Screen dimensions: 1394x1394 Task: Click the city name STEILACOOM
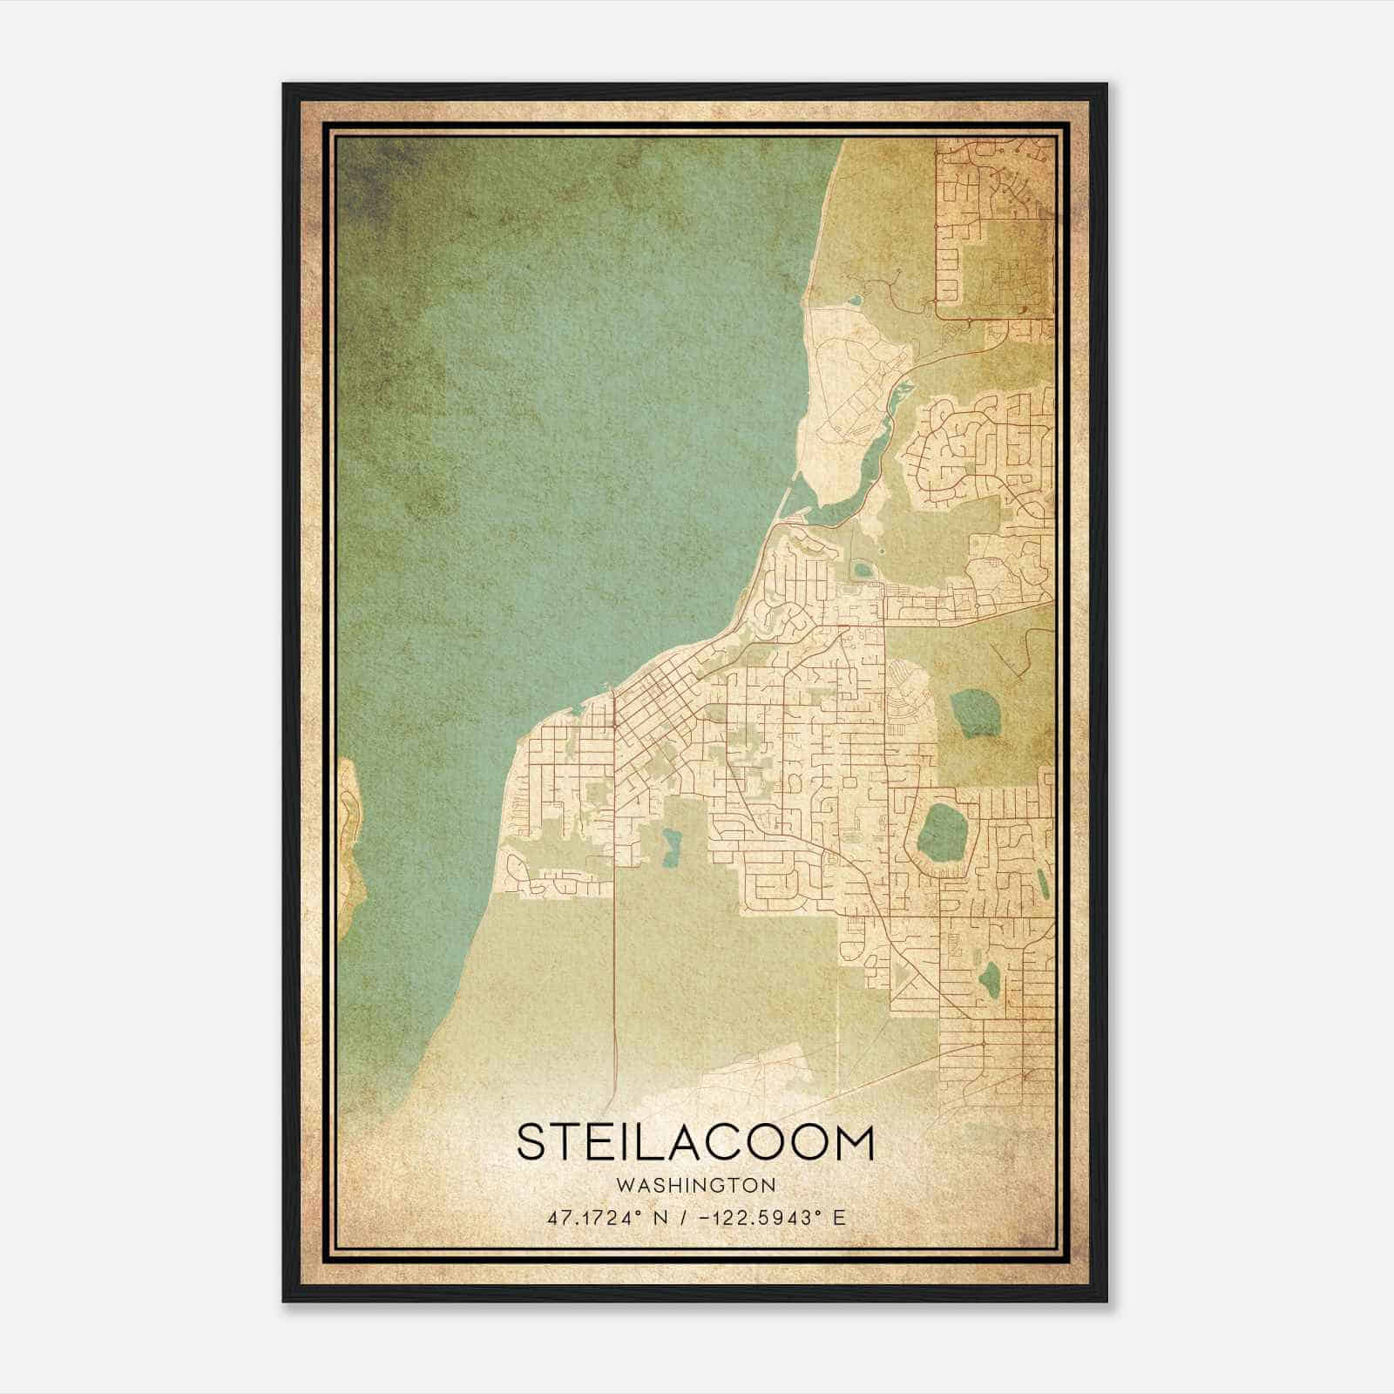tap(694, 1142)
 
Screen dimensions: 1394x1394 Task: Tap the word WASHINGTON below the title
tap(694, 1186)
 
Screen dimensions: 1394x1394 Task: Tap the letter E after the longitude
tap(839, 1217)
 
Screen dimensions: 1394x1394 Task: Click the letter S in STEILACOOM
tap(534, 1142)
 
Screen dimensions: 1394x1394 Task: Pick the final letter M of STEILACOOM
tap(851, 1142)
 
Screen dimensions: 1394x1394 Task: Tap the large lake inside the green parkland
tap(974, 712)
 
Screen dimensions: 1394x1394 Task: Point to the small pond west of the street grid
tap(671, 845)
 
